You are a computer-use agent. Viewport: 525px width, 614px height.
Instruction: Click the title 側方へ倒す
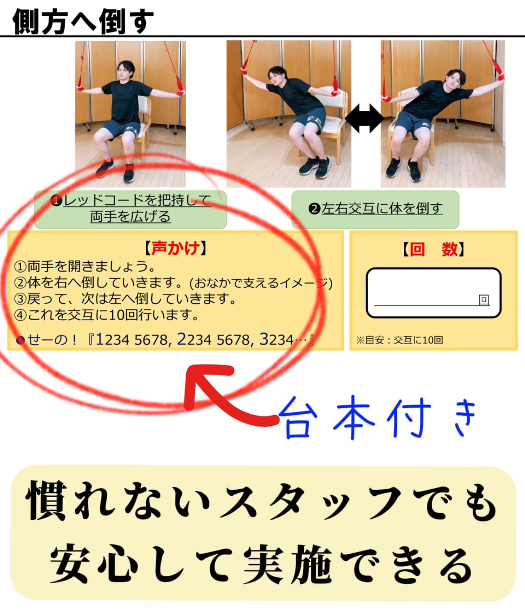[83, 21]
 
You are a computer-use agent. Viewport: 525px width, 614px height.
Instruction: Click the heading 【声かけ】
[175, 248]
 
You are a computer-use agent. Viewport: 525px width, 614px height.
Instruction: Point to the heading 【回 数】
[433, 249]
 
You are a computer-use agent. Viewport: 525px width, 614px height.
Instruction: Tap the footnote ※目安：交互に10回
[399, 340]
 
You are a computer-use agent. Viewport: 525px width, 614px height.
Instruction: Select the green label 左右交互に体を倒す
[376, 209]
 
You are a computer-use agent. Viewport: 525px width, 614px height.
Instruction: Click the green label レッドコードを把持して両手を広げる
[131, 208]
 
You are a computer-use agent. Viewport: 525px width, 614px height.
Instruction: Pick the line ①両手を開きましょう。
[85, 266]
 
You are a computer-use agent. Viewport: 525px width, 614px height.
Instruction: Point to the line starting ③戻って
[126, 299]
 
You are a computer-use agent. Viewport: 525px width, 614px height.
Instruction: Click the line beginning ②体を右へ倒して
[173, 283]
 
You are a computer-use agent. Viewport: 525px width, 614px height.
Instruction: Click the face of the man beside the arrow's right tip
[454, 81]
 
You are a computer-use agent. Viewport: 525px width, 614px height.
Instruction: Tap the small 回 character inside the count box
[484, 300]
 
